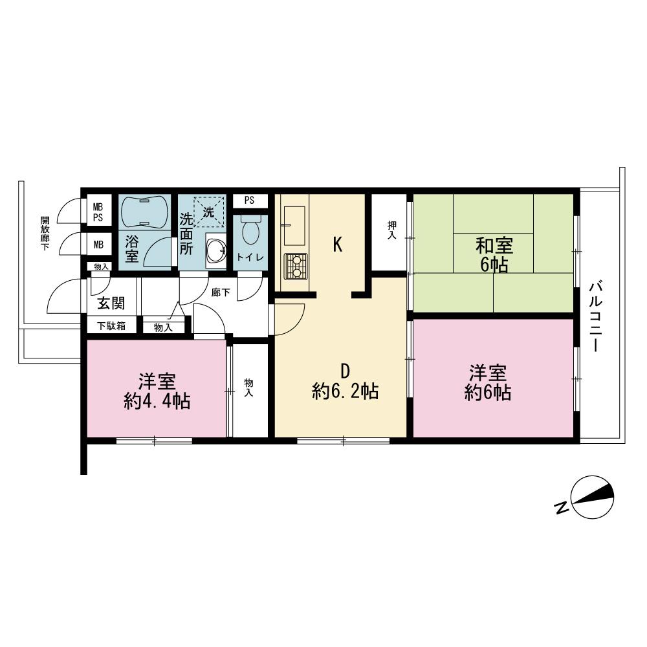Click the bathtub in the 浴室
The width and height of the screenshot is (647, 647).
(144, 212)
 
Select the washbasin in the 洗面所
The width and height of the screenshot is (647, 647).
(216, 250)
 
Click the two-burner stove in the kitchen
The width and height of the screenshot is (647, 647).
(296, 267)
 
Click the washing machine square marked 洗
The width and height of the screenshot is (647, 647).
(209, 212)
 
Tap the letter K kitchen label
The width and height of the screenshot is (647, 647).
(338, 245)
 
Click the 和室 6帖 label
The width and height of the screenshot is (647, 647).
(494, 256)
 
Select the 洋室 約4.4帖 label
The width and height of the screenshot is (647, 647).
(157, 391)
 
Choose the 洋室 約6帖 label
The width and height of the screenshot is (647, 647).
(488, 382)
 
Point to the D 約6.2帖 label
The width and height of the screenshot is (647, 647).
(345, 382)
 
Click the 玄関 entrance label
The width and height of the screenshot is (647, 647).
(111, 303)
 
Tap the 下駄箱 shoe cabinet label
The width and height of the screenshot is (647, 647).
(111, 326)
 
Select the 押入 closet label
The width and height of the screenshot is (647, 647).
(392, 230)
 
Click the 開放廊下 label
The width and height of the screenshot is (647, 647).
(45, 233)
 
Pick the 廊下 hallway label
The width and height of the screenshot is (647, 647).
(221, 292)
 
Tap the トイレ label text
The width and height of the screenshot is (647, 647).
(250, 257)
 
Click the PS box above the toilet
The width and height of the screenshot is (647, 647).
(250, 201)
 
